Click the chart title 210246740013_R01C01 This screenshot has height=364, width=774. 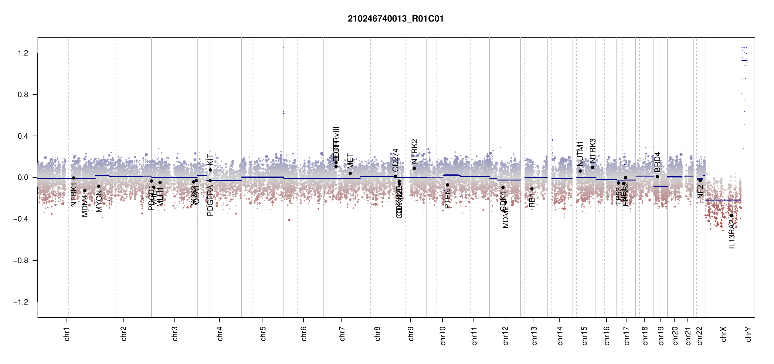point(395,19)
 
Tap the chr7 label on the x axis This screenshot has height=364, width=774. point(342,334)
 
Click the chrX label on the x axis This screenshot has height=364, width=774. point(723,334)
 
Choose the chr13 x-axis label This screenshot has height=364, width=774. point(534,335)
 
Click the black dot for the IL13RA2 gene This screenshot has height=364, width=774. point(732,216)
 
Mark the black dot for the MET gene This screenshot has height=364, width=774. point(350,173)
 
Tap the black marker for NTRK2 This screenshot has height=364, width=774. point(414,168)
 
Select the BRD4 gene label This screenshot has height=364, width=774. point(657,162)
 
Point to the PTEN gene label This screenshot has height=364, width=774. point(447,199)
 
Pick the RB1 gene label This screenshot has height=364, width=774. point(532,201)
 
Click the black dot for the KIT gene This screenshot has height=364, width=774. point(210,170)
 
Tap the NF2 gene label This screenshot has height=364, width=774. point(700,192)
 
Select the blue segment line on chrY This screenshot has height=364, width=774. point(744,60)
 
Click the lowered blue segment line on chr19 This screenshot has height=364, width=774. point(660,186)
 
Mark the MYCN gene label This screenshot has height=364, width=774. point(99,201)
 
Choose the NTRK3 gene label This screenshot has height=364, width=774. point(592,151)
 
